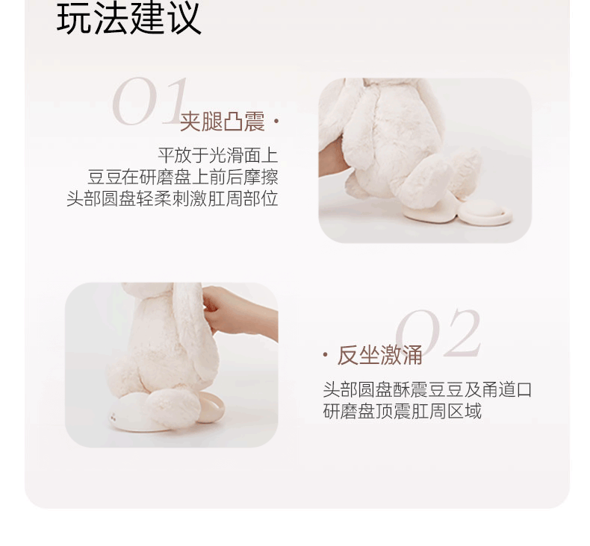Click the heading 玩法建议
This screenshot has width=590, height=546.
(128, 19)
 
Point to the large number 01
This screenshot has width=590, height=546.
(149, 102)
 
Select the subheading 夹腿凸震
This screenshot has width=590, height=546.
(222, 122)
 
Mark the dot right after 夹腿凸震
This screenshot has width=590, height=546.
(276, 120)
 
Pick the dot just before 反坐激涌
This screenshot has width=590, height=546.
(326, 355)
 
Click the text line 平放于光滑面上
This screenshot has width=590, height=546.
(217, 156)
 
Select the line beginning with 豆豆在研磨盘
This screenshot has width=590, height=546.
(182, 178)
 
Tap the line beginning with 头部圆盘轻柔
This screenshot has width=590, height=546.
(172, 199)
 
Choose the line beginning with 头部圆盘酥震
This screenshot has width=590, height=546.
(426, 389)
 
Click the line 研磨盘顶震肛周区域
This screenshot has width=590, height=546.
(402, 411)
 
